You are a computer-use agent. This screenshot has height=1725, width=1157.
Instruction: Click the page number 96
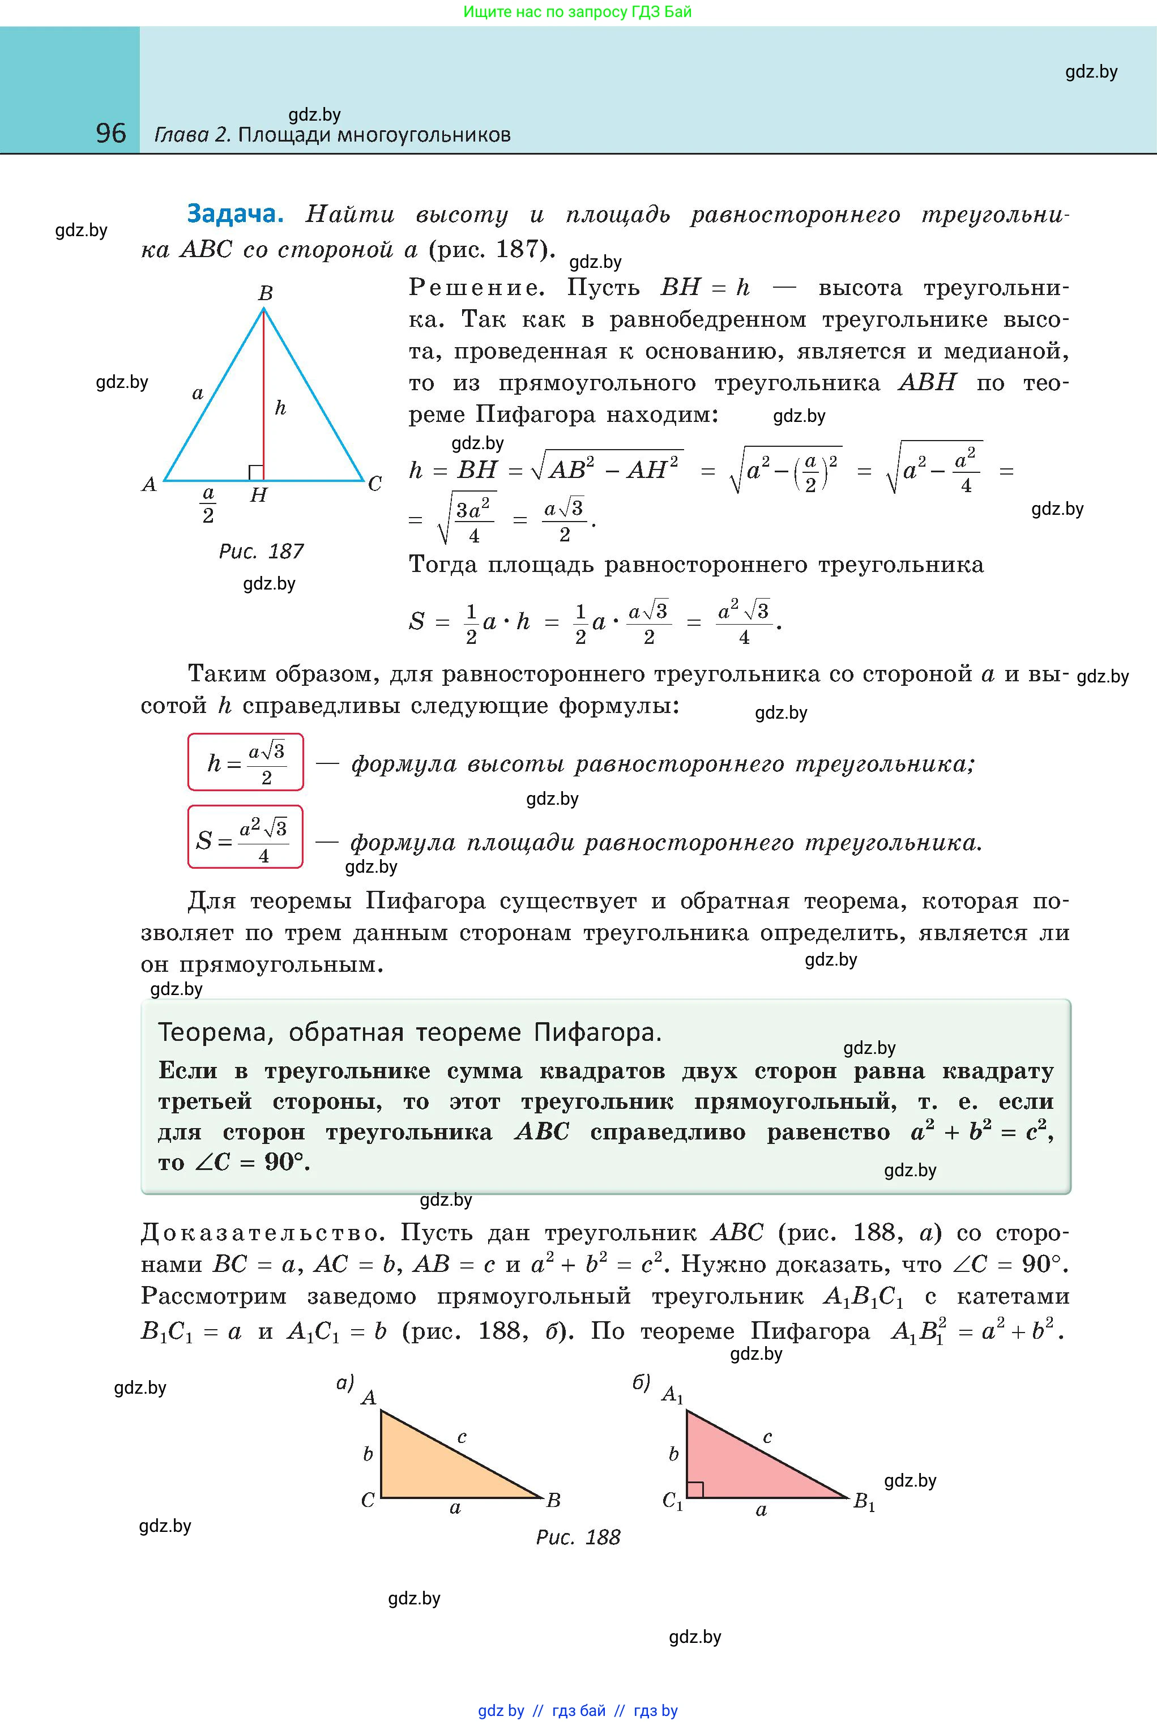point(110,133)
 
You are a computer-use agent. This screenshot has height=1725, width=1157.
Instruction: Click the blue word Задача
point(234,214)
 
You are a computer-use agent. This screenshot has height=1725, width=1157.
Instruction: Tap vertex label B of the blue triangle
point(266,293)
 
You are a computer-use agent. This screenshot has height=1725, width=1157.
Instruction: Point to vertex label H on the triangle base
point(258,495)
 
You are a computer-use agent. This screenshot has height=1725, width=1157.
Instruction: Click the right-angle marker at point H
point(256,473)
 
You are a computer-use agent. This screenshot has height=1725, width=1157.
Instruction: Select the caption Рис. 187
point(261,551)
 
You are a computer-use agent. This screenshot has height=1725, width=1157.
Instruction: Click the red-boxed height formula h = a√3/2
point(246,762)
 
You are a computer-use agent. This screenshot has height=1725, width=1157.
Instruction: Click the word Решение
point(476,288)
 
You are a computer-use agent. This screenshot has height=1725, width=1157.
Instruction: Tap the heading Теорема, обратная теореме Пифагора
point(409,1032)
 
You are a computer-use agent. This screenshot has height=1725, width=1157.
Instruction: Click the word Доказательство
point(262,1233)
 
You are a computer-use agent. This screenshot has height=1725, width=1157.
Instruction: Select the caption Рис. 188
point(578,1537)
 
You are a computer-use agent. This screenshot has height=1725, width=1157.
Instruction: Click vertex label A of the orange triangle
point(368,1398)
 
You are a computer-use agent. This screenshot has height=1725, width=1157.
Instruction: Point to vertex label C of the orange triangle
point(368,1500)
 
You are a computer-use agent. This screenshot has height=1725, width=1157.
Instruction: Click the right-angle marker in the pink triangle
point(695,1489)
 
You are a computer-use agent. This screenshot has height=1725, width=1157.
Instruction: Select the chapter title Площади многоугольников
point(374,135)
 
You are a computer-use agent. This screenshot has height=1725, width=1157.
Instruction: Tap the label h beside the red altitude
point(280,407)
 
